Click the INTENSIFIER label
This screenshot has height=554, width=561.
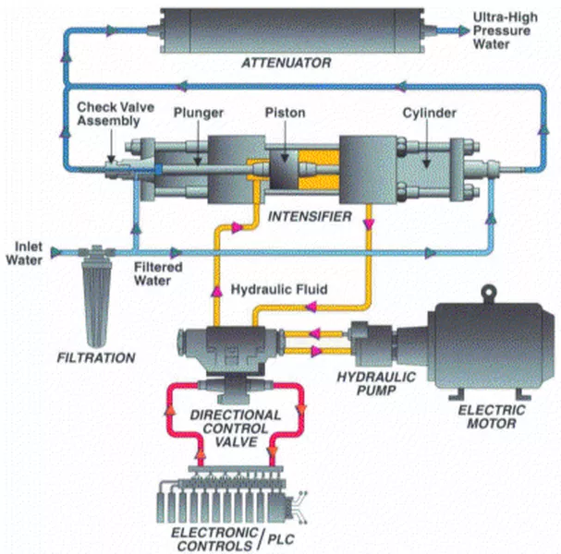pos(310,219)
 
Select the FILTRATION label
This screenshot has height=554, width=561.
pos(96,356)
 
